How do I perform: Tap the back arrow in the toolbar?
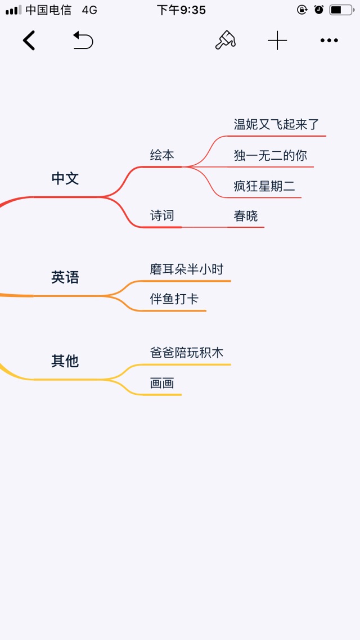tap(29, 40)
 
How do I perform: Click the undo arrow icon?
tap(83, 40)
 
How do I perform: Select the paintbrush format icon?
tap(226, 40)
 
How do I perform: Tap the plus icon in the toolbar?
tap(277, 40)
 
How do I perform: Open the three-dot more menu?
tap(329, 40)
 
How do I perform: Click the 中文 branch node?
tap(65, 178)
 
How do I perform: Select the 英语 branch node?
tap(65, 278)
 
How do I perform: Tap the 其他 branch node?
tap(65, 361)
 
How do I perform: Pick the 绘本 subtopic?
tap(162, 155)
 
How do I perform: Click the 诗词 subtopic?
tap(162, 215)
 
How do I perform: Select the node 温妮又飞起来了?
tap(276, 124)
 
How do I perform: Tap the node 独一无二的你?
tap(270, 156)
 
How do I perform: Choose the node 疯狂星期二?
tap(264, 187)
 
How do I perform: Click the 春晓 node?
tap(246, 216)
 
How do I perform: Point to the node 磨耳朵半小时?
tap(187, 269)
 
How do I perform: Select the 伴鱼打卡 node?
tap(174, 299)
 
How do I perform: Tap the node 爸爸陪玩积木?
tap(187, 353)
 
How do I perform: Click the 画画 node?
tap(162, 383)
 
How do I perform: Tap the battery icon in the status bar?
tap(341, 10)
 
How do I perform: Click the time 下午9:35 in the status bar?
tap(181, 10)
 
